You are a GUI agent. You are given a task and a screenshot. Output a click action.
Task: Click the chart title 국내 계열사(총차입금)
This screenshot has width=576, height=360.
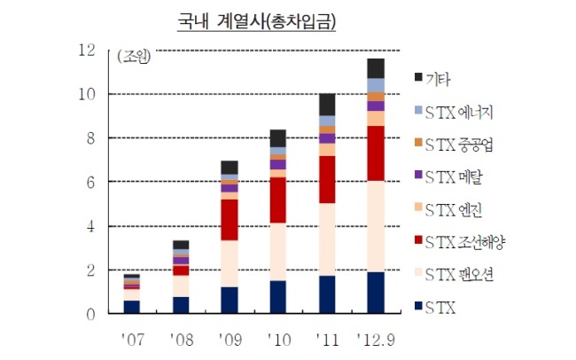(256, 21)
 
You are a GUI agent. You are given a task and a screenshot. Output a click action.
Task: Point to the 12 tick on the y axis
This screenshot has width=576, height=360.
(87, 50)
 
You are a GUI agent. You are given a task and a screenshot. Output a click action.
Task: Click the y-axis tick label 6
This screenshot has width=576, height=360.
(90, 182)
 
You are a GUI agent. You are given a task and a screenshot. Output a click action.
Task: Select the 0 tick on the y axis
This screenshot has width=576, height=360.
(90, 315)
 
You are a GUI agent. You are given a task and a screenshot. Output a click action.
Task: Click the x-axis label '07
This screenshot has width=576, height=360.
(133, 340)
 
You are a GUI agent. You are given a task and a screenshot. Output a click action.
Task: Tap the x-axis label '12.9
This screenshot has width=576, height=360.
(376, 340)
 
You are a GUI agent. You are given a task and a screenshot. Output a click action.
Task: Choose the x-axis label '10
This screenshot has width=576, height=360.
(279, 340)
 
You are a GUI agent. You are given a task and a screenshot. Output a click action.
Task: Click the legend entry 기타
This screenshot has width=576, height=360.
(432, 79)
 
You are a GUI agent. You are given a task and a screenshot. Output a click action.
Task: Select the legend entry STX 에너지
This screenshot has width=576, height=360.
(454, 112)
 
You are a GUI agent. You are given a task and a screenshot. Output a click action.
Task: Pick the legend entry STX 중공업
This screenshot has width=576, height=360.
(454, 145)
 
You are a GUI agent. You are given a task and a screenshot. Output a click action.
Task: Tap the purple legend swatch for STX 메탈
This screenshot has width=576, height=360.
(418, 175)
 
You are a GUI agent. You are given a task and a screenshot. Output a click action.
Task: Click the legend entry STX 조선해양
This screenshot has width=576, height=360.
(460, 242)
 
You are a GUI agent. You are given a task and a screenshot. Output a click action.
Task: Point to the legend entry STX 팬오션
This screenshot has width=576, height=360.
(454, 275)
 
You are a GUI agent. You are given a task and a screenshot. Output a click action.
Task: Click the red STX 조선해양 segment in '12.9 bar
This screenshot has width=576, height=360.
(376, 153)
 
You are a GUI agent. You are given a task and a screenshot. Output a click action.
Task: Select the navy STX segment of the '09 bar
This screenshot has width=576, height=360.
(230, 300)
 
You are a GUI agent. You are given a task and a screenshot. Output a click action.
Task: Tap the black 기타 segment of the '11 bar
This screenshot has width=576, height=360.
(327, 105)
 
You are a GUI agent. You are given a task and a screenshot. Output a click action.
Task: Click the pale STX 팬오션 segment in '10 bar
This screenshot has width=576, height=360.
(278, 252)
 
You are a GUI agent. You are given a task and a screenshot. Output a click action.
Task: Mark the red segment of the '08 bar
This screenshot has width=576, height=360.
(181, 270)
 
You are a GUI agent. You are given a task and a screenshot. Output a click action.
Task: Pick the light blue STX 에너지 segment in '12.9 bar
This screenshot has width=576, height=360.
(376, 85)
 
